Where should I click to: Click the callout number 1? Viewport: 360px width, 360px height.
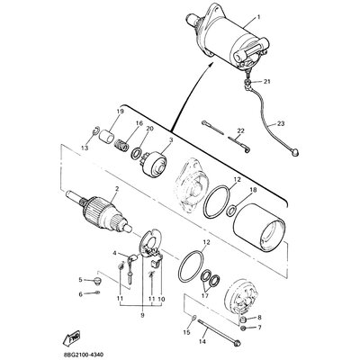click(258, 17)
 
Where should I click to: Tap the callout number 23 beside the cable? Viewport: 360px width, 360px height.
click(281, 123)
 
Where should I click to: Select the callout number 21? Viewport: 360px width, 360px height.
click(266, 82)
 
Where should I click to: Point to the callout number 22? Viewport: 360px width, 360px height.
click(241, 130)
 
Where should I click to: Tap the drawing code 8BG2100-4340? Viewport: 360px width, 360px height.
click(84, 355)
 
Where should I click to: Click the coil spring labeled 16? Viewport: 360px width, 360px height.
click(122, 145)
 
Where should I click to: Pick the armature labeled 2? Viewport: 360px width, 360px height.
click(99, 211)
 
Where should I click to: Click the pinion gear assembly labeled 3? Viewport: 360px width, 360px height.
click(154, 165)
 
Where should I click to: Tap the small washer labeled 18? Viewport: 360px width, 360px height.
click(231, 211)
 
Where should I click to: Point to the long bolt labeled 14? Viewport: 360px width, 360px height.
click(218, 332)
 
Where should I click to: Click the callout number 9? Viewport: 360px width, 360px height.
click(142, 315)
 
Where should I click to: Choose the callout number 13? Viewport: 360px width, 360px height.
click(85, 148)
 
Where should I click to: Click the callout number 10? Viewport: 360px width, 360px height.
click(161, 299)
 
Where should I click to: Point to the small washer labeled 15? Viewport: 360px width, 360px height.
click(193, 317)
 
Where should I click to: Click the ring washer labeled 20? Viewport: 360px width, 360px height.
click(137, 154)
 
